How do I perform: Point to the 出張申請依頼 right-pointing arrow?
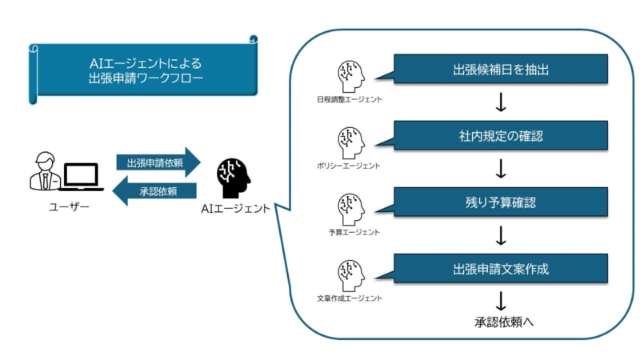tap(157, 162)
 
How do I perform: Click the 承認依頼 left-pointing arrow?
tap(157, 191)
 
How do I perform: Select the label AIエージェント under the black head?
tap(235, 210)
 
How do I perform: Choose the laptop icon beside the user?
tap(82, 177)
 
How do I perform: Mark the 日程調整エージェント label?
tap(350, 99)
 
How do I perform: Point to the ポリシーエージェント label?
tap(349, 166)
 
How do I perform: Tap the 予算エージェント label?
tap(349, 232)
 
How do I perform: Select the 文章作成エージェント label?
tap(350, 298)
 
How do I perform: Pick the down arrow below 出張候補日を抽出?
tap(502, 102)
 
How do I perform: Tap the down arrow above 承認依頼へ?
tap(502, 302)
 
